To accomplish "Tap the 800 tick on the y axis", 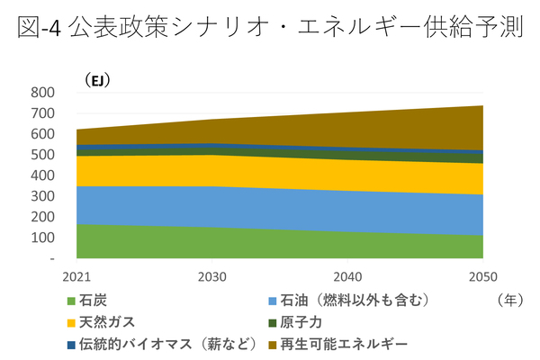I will [42, 93].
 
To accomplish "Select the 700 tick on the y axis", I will [42, 113].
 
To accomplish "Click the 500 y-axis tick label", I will [42, 155].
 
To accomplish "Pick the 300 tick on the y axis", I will [42, 196].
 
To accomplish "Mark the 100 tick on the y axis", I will [42, 238].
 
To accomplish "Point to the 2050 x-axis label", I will [482, 275].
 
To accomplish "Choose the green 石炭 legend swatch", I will [72, 301].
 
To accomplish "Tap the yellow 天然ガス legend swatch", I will [72, 322].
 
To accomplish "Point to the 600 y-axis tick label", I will [42, 134].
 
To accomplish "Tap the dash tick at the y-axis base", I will [52, 258].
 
